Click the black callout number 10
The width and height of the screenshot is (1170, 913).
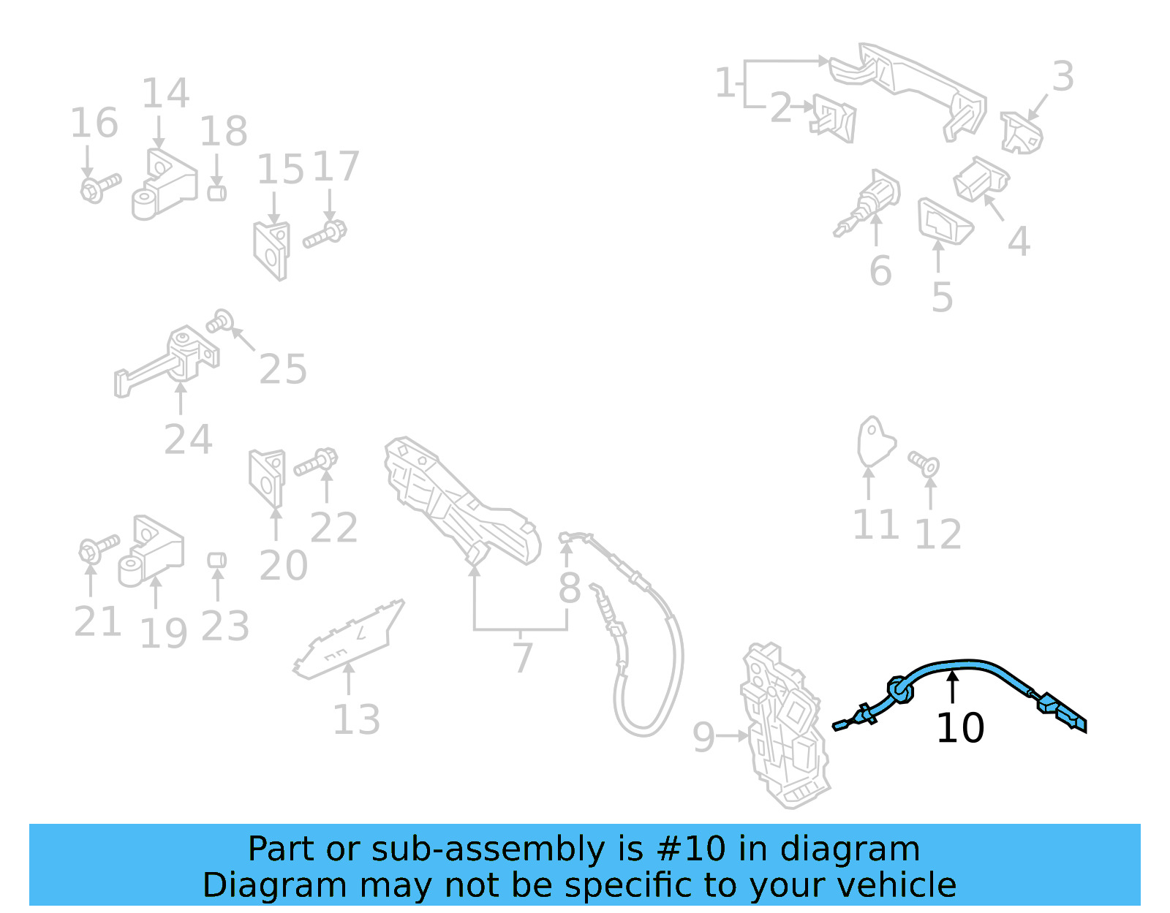(960, 728)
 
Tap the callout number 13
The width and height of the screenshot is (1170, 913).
(356, 720)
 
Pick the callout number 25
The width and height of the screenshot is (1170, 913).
(283, 369)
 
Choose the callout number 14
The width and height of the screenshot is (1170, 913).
(165, 94)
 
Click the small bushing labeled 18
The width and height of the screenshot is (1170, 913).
(216, 193)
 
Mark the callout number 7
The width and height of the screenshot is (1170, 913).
(522, 658)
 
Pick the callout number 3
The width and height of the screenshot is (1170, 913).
(1063, 77)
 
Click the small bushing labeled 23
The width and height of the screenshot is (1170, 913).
(216, 561)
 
